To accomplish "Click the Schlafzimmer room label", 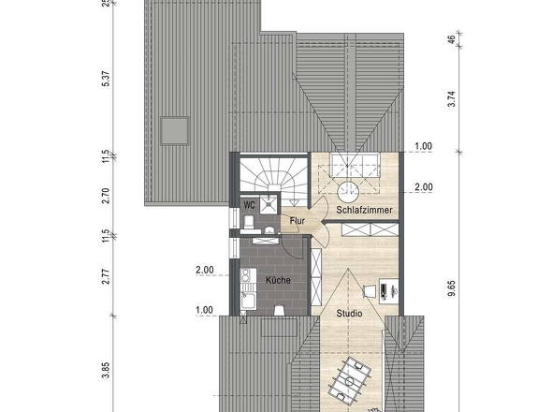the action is pos(364,210).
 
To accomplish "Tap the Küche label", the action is pos(278,280).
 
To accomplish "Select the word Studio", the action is pos(349,314).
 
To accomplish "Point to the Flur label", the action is pos(298,221).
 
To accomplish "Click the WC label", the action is pos(249,205).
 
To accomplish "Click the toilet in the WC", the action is pos(249,222).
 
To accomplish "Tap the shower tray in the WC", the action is pos(269,204).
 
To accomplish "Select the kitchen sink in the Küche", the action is pos(248,301).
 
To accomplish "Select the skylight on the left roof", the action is pos(175,131).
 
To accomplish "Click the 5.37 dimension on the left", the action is pos(107,79).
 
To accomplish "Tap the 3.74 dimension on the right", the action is pos(452,98).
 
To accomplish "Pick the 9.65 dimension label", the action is pos(452,288).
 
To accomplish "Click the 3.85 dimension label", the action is pos(107,370).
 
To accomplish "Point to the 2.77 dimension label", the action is pos(107,276).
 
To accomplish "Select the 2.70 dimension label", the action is pos(107,196).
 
